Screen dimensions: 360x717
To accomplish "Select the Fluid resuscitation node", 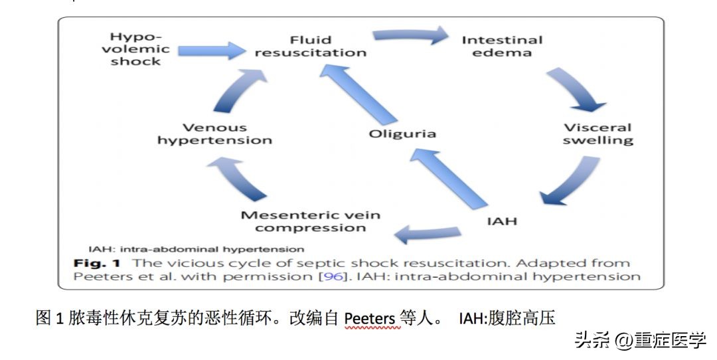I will point(311,46).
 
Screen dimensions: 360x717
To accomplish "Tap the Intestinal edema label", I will point(502,46).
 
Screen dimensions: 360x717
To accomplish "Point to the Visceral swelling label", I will point(597,134).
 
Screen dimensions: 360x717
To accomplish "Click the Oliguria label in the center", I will point(402,134).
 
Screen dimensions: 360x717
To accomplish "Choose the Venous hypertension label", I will point(214,134).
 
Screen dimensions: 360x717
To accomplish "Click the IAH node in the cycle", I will point(501,221).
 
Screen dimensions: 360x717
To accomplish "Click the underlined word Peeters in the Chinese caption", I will point(369,319).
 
